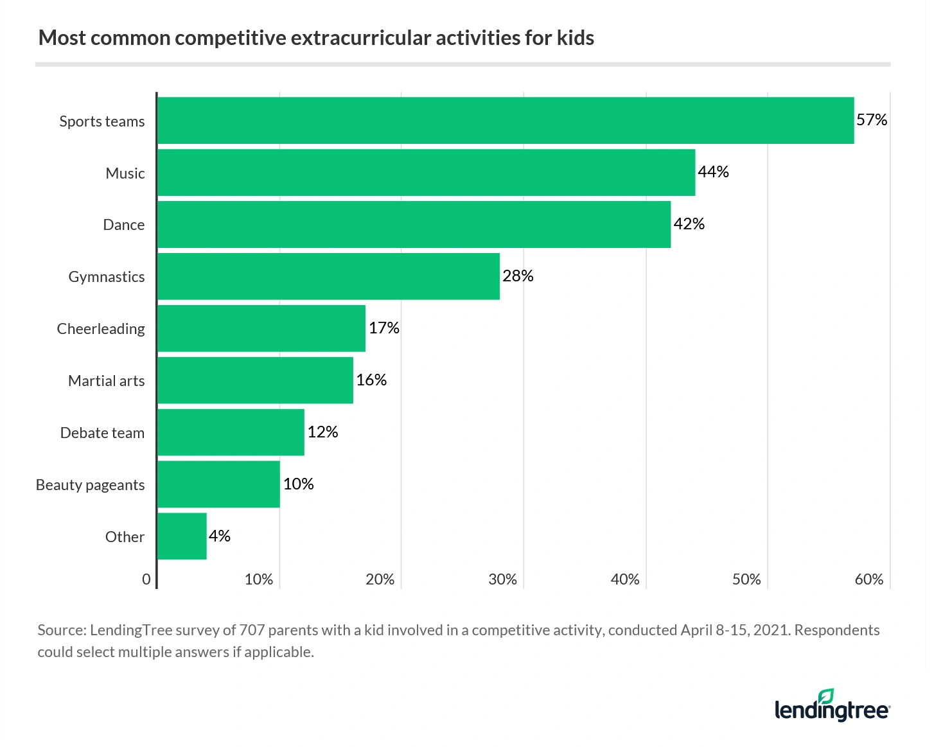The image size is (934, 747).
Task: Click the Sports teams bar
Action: (506, 121)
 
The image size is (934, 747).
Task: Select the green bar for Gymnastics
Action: (328, 276)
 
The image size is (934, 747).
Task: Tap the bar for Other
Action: (182, 536)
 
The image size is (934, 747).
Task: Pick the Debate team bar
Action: (231, 432)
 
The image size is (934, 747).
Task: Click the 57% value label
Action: (871, 120)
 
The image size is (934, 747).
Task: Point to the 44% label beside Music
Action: (713, 172)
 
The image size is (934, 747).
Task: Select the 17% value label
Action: (383, 328)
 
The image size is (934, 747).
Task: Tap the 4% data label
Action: (219, 536)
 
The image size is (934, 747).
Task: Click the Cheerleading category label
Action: (101, 329)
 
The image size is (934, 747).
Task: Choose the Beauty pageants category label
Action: (90, 485)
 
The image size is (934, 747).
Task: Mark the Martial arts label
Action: (106, 381)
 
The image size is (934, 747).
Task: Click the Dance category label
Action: (123, 225)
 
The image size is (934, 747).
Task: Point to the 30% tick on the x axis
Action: (502, 579)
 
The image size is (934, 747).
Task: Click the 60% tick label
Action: (868, 579)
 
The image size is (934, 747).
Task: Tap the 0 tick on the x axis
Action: (146, 579)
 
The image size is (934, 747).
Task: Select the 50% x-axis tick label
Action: (746, 579)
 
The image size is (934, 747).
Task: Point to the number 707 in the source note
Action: (252, 630)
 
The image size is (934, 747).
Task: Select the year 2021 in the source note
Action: (770, 630)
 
